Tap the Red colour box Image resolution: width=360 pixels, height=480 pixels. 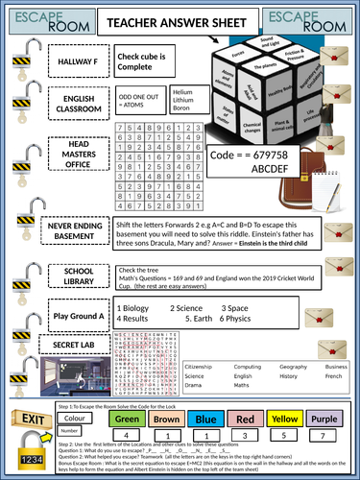(x=244, y=420)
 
